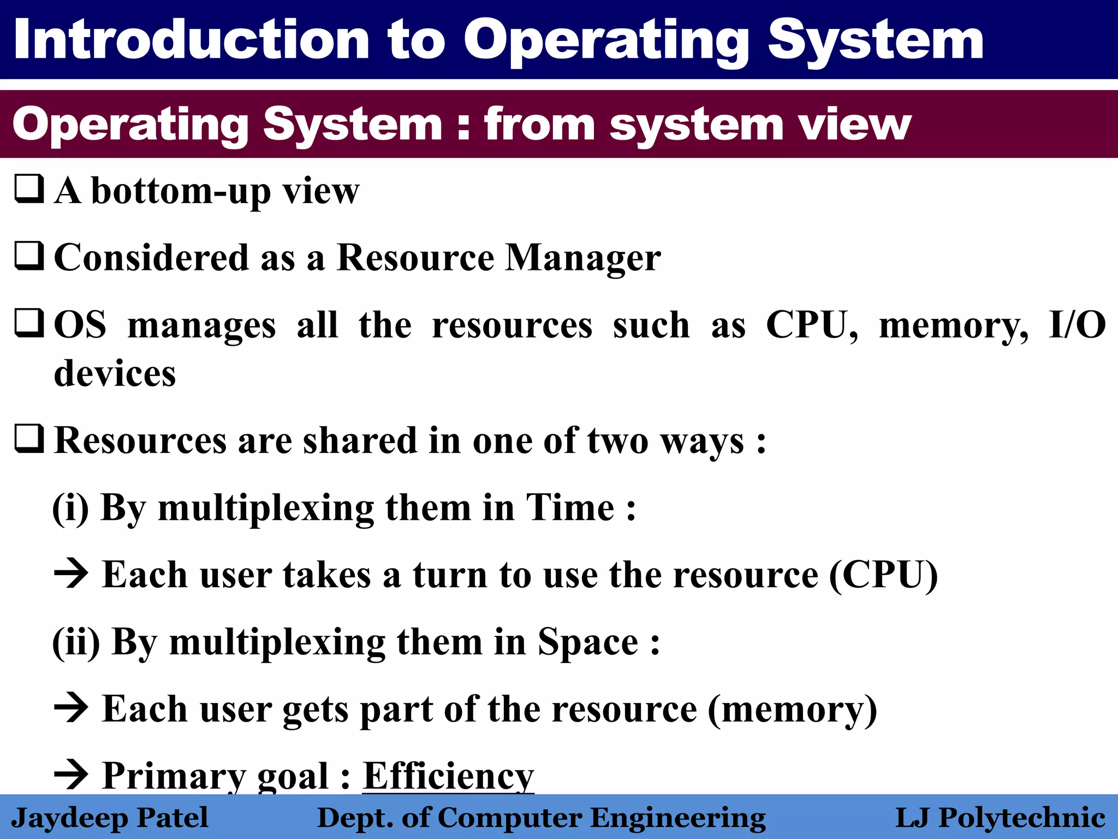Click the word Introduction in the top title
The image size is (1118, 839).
click(x=192, y=39)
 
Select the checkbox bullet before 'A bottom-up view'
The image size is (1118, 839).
click(x=29, y=189)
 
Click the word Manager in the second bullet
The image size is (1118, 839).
click(x=582, y=257)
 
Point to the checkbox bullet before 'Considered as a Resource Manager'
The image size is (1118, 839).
click(x=29, y=256)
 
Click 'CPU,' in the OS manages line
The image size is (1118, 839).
click(x=812, y=326)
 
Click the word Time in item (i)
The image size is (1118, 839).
click(x=570, y=507)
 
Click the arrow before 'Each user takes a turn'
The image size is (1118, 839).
click(x=71, y=574)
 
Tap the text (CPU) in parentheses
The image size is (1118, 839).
click(x=883, y=575)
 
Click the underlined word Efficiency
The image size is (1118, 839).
click(x=448, y=776)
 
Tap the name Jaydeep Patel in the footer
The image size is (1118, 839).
click(x=110, y=818)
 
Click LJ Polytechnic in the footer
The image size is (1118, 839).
click(x=1000, y=818)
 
